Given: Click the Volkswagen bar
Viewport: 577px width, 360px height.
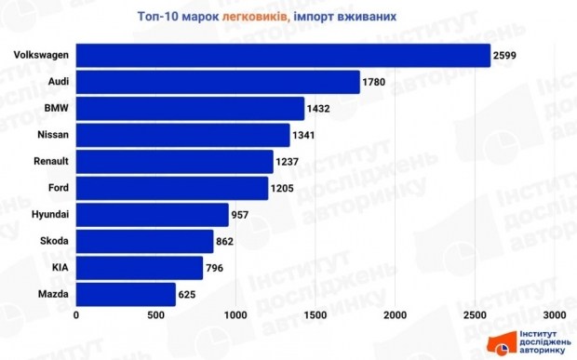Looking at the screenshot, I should click(282, 56).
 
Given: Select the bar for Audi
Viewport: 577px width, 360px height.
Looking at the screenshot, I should click(217, 83).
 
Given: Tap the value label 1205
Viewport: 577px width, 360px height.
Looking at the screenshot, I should click(282, 190).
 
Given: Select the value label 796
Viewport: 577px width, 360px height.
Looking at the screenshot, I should click(216, 269).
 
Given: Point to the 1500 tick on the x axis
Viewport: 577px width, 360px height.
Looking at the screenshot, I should click(315, 314).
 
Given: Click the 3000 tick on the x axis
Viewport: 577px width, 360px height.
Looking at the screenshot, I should click(556, 314).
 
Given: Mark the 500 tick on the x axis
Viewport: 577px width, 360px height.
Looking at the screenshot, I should click(155, 314).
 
